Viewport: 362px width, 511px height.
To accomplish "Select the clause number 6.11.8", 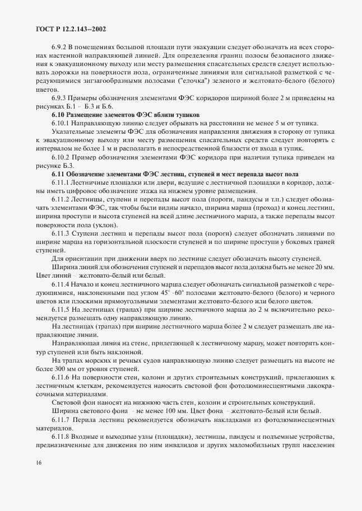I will [x=62, y=437].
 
